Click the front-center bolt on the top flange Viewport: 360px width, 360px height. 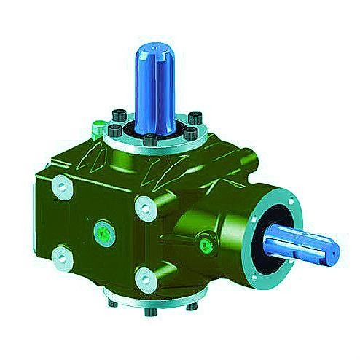tap(150, 141)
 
